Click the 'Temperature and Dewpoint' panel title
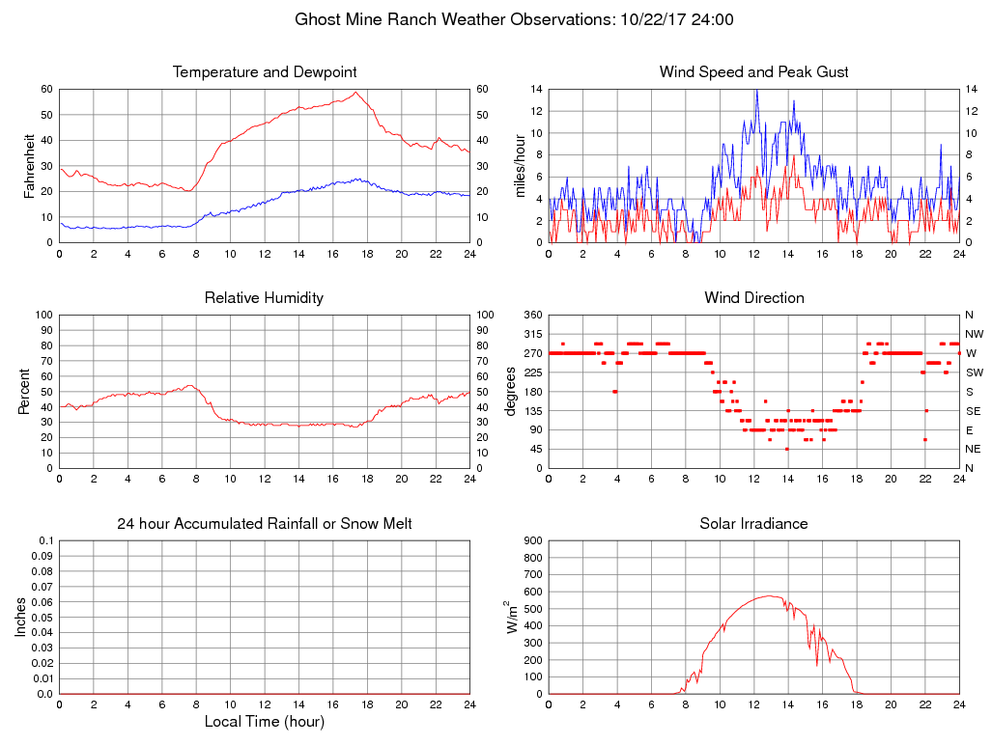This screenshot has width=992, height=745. (x=265, y=72)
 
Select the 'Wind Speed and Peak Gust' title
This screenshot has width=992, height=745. (x=753, y=72)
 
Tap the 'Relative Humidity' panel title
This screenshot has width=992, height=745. (x=265, y=298)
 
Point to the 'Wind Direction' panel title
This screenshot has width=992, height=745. (x=753, y=298)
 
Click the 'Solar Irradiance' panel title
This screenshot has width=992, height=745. (x=753, y=524)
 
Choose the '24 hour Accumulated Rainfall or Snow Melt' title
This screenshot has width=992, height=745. (x=265, y=524)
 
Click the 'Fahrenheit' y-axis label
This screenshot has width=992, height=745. (x=30, y=166)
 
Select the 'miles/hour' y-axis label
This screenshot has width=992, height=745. (x=521, y=166)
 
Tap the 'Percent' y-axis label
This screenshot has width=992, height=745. (x=24, y=392)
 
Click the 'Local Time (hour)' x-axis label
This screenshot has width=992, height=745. (x=265, y=722)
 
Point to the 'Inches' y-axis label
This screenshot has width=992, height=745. (x=21, y=618)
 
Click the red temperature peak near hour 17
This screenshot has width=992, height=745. (x=355, y=92)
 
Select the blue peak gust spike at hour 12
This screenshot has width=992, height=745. (x=756, y=90)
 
